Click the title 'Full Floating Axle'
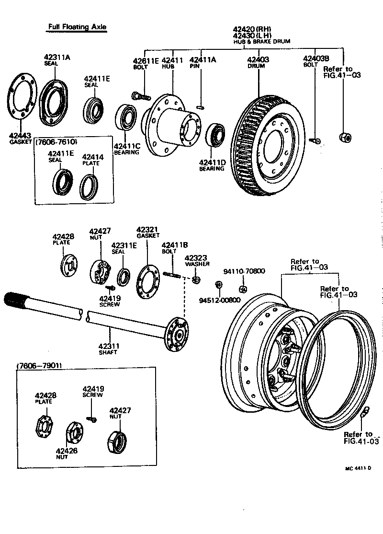click(x=77, y=27)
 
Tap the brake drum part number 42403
click(x=258, y=60)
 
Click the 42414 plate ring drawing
click(x=90, y=186)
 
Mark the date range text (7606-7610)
click(x=56, y=142)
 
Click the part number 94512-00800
click(x=218, y=301)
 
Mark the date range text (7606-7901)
click(x=40, y=366)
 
